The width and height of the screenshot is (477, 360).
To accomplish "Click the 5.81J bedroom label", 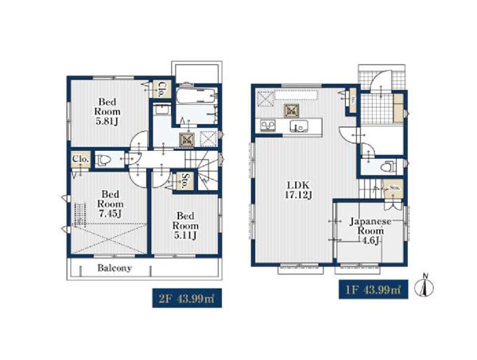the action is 107,111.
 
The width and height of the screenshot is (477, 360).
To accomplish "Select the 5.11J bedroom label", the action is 185,226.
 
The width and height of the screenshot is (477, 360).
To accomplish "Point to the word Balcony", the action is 114,268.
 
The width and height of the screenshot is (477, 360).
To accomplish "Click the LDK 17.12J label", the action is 298,189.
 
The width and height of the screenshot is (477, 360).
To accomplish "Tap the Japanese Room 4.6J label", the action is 370,230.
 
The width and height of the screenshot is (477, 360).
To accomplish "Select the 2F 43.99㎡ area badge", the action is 187,298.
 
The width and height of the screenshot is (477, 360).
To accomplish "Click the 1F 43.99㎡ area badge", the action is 374,289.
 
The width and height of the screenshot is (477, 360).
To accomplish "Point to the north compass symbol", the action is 425,285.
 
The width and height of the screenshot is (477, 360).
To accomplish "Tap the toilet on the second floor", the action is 103,160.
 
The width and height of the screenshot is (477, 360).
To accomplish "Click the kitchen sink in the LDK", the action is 299,126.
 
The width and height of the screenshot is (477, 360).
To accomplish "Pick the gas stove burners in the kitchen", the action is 268,126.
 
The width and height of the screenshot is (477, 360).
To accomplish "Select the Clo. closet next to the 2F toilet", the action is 81,159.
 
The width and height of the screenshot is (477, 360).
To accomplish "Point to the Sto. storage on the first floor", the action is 394,188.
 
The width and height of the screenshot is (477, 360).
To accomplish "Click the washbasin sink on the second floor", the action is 159,109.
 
